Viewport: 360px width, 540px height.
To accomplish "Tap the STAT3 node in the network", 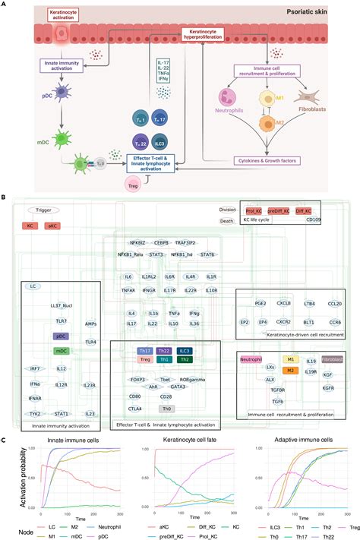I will [156, 254].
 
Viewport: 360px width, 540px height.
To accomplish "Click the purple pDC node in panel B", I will [62, 335].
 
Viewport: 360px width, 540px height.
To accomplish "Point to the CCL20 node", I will [335, 303].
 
